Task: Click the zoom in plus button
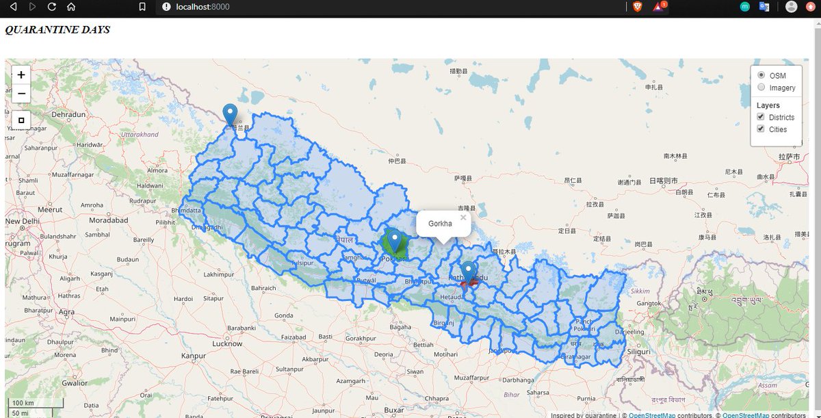21,75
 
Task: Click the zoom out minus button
21,94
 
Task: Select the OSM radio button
761,75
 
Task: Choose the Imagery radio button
761,88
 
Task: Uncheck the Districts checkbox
760,118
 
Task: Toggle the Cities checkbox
760,129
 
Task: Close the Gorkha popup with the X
463,218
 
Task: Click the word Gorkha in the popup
440,224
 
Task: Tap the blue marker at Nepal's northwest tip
231,113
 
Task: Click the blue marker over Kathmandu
468,270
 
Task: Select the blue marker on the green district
394,239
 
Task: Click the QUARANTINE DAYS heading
57,30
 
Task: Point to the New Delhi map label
23,222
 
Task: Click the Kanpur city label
193,356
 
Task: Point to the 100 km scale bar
36,403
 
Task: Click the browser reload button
51,7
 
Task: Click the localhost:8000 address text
203,7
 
